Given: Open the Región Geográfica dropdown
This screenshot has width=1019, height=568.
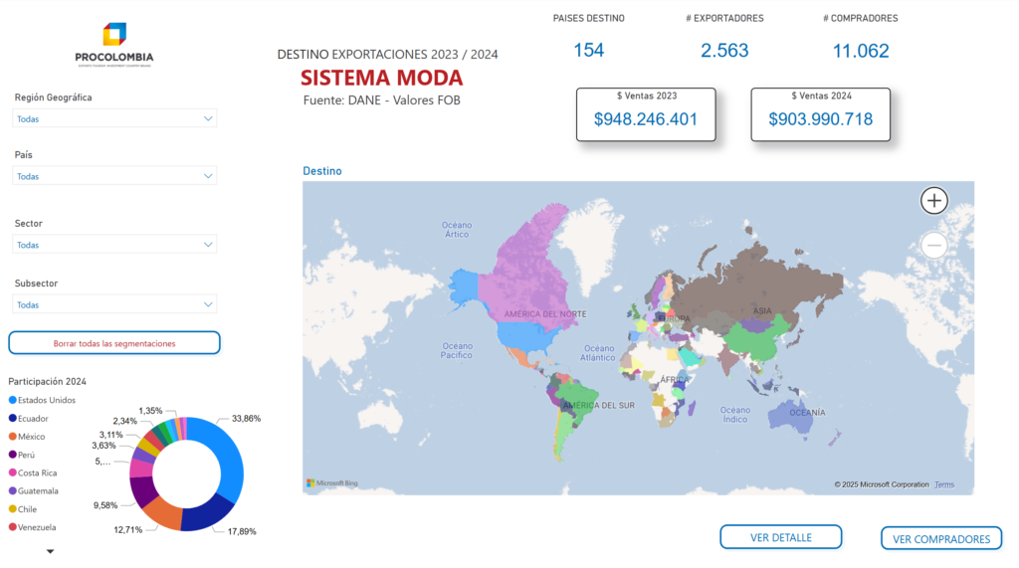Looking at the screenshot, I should point(114,118).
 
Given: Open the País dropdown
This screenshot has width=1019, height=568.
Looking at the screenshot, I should point(114,176).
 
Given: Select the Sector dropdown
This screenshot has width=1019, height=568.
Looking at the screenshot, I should point(114,245).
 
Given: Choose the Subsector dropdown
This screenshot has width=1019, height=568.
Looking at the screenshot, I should point(114,304).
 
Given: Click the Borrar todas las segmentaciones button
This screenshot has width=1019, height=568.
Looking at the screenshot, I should point(114,343).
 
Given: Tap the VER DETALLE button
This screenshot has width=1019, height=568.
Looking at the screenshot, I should point(780,537).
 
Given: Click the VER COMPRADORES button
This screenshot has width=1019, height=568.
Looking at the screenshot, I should point(940,539).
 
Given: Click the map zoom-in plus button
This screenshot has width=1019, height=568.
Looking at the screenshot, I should point(933,201).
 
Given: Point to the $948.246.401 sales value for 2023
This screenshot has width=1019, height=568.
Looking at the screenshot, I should point(645,120).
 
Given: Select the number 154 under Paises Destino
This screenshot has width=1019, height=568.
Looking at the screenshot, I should point(588,50).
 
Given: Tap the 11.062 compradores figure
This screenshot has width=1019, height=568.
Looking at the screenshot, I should point(860,51).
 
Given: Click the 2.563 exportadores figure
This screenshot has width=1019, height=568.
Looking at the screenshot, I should point(724,51).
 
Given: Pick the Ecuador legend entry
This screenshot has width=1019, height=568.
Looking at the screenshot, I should point(33,419).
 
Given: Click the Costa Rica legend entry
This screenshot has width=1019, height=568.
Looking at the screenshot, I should point(37,473).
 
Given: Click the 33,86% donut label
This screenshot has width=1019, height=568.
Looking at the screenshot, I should point(246,419).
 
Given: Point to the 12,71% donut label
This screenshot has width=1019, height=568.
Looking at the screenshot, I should point(127,529).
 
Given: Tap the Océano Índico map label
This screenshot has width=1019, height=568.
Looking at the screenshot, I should point(735,414).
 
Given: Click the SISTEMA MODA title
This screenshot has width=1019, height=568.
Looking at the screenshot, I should point(381,78).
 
